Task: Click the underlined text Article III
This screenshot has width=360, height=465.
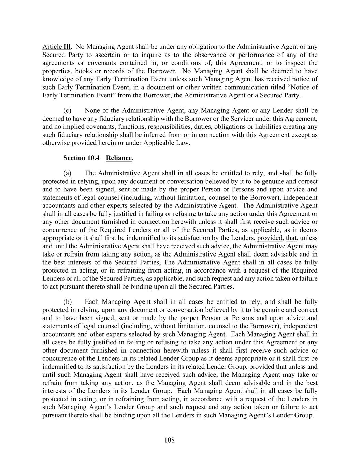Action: click(x=56, y=47)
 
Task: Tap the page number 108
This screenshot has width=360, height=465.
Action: click(x=169, y=440)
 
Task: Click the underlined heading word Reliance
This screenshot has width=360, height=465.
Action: click(x=119, y=158)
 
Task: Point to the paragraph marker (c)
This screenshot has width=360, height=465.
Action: click(x=68, y=110)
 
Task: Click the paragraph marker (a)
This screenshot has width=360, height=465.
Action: click(x=68, y=173)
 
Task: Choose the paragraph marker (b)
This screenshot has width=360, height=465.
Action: click(x=68, y=302)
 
